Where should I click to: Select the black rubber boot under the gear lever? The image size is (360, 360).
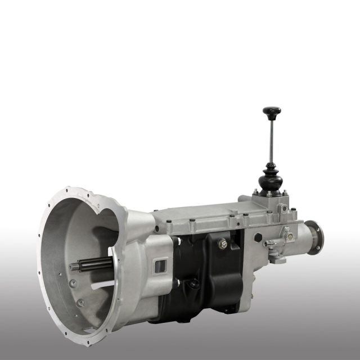coord(271,179)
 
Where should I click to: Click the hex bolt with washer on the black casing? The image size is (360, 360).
coord(223,244)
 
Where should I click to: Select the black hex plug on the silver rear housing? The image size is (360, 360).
coord(258,237)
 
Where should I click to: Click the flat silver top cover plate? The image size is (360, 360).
coord(208,217)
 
